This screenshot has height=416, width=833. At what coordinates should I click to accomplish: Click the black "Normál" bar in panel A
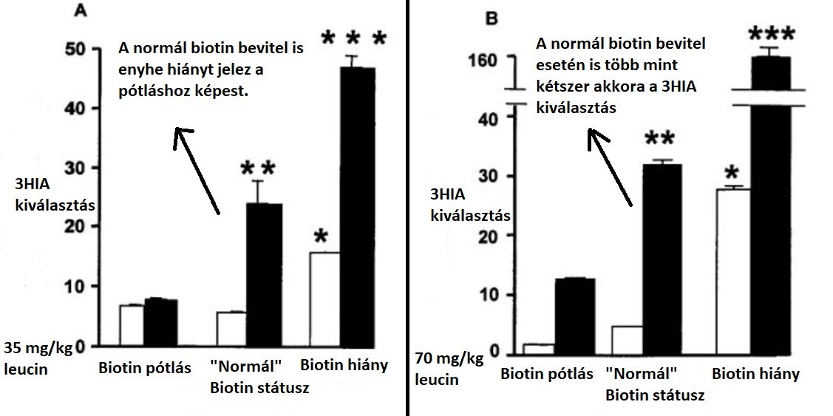[x=263, y=274]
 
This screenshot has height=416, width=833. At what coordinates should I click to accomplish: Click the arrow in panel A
[x=197, y=171]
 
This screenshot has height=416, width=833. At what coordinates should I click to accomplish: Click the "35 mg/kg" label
[x=38, y=348]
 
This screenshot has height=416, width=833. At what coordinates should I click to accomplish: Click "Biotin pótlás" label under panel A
[x=135, y=367]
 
